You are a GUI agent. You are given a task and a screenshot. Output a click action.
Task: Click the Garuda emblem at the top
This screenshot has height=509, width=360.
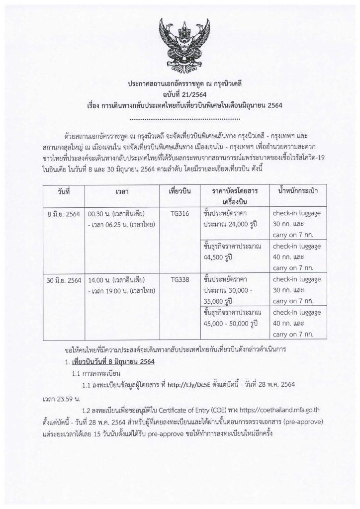tap(180, 44)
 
